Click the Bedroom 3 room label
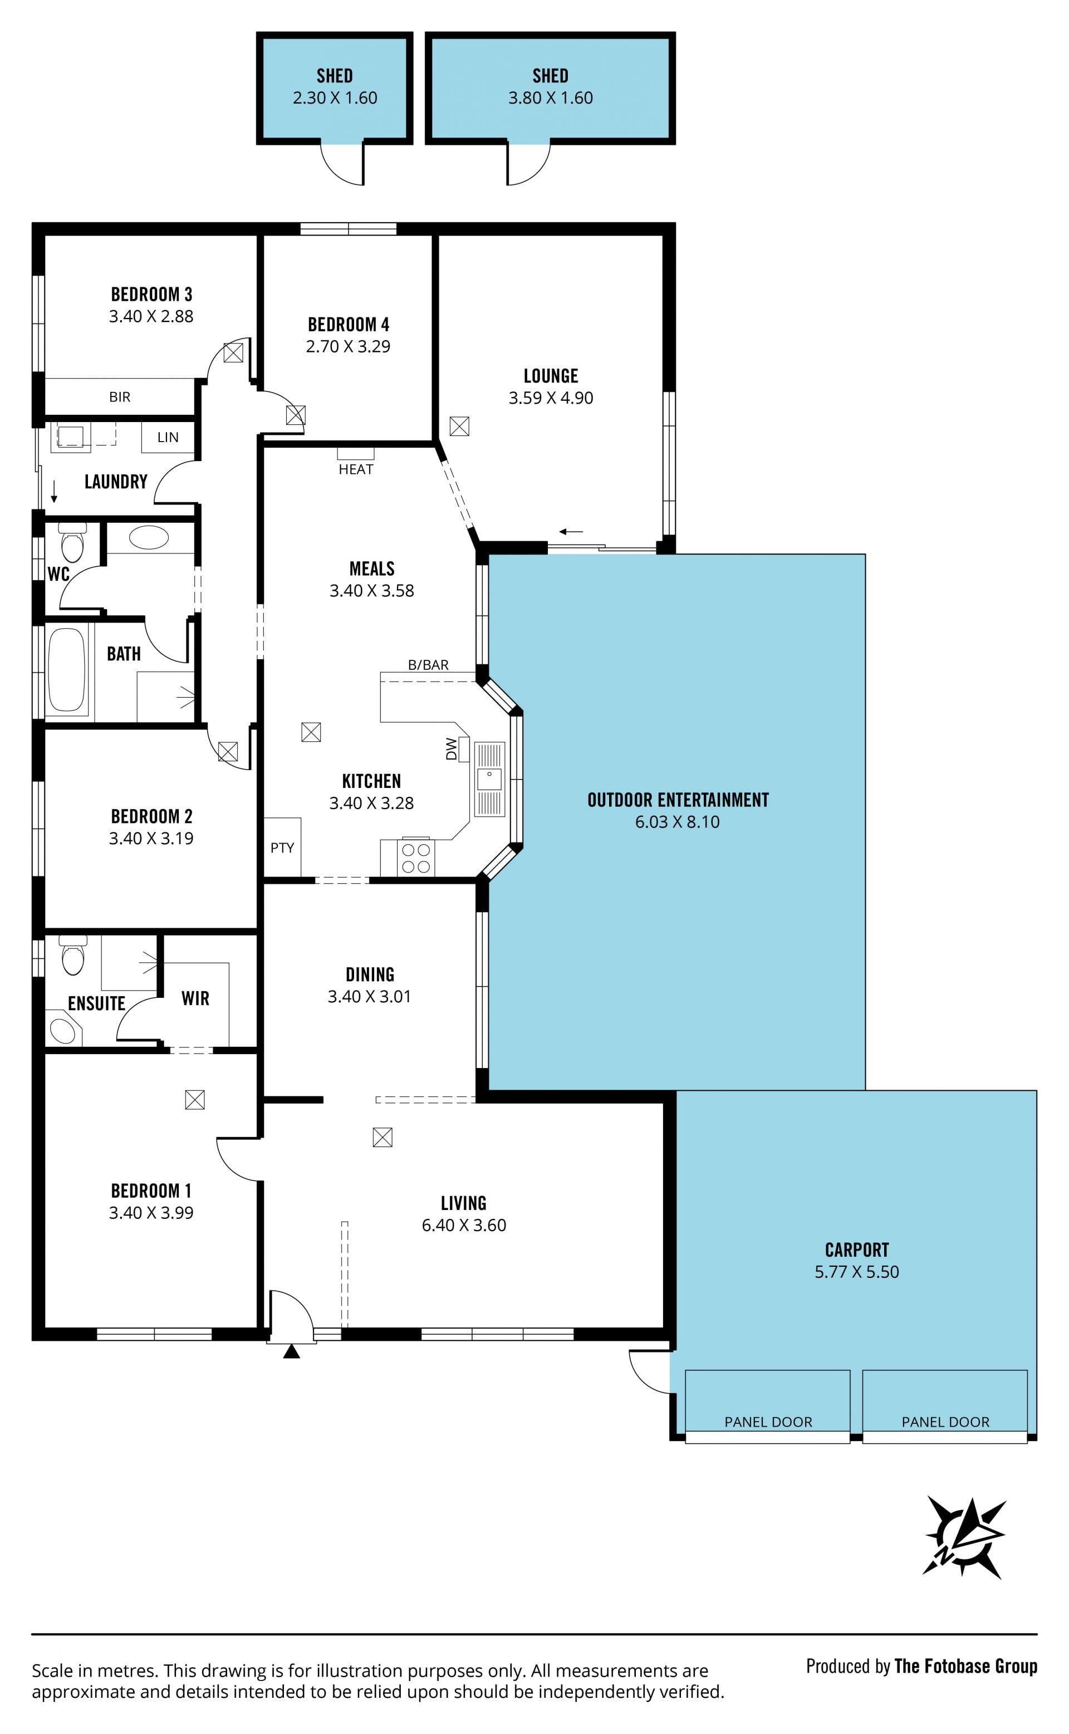click(151, 294)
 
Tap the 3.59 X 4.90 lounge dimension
click(551, 398)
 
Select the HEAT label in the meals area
click(356, 469)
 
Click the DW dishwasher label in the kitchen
click(451, 750)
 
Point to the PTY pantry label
click(282, 848)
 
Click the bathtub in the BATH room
click(66, 669)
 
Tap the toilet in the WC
click(72, 543)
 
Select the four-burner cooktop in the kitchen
click(416, 858)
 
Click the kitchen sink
click(489, 779)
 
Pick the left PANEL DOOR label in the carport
click(768, 1422)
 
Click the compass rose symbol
click(964, 1537)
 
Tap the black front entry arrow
click(291, 1351)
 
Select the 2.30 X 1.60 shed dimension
click(335, 97)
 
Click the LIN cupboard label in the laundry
click(168, 438)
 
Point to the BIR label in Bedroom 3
click(120, 397)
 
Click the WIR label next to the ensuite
click(195, 998)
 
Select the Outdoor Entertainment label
click(678, 800)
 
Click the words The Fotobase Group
click(966, 1666)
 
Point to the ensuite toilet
click(73, 955)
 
